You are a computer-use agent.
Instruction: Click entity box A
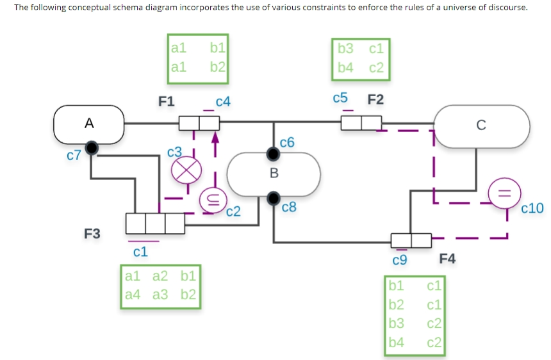click(x=89, y=124)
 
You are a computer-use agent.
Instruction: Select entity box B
click(x=274, y=173)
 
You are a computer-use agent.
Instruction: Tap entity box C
click(x=482, y=125)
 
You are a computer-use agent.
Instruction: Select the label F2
click(x=376, y=99)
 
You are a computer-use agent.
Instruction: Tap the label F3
click(x=92, y=234)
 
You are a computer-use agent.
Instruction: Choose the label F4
click(x=448, y=259)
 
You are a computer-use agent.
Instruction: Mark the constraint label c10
click(x=532, y=208)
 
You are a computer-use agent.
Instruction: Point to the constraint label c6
click(x=288, y=142)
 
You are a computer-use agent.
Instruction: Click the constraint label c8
click(x=289, y=207)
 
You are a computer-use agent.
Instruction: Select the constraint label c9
click(x=399, y=259)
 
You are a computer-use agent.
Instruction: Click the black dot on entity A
click(x=93, y=148)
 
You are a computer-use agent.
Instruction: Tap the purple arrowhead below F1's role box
click(x=215, y=136)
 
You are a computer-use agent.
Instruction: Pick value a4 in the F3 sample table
click(x=133, y=295)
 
